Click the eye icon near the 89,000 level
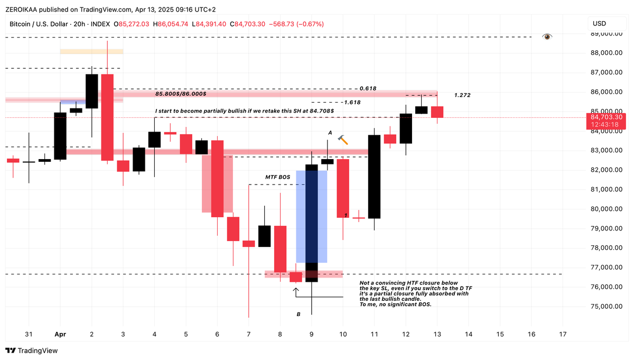click(x=547, y=36)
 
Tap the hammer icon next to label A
click(x=343, y=140)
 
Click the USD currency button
click(x=600, y=24)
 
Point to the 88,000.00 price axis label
click(x=605, y=53)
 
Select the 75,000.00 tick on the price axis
click(x=605, y=307)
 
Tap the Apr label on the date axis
click(x=60, y=334)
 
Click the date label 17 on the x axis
click(x=563, y=334)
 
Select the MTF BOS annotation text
click(x=277, y=177)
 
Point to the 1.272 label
click(x=462, y=95)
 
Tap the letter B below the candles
click(x=299, y=314)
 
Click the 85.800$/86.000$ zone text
click(x=181, y=94)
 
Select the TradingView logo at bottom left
click(x=32, y=350)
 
